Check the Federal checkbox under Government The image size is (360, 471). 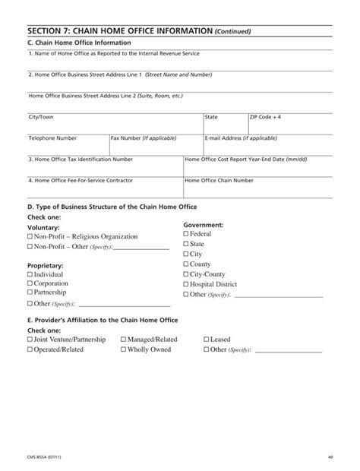coord(186,235)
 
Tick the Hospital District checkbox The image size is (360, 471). coord(186,284)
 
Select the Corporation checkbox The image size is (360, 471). coord(30,283)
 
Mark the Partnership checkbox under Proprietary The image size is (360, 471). coord(30,292)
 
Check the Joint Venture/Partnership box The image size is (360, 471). coord(30,340)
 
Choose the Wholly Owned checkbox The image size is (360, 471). coord(124,349)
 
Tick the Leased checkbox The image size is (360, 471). coord(206,340)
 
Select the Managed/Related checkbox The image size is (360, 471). coord(124,340)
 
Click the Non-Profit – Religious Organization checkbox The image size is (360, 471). coord(30,237)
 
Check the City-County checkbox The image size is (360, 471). coord(186,274)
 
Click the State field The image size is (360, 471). coord(225,125)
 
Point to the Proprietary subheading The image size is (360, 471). coord(45,265)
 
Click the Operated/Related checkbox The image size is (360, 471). coord(30,349)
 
